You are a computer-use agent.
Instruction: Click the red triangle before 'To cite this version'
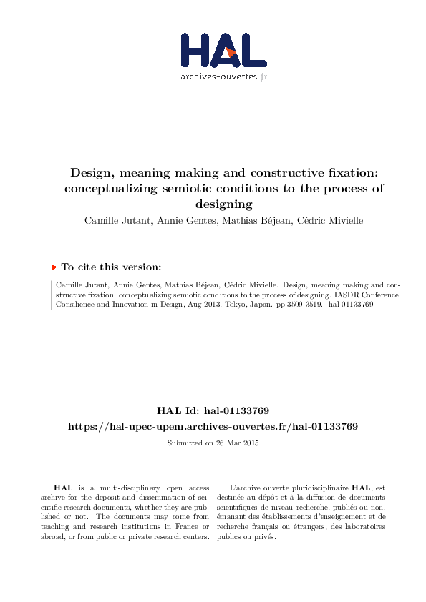(x=54, y=267)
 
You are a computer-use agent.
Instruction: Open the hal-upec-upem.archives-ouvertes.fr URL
(x=213, y=426)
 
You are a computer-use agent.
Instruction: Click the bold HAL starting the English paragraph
(x=63, y=487)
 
